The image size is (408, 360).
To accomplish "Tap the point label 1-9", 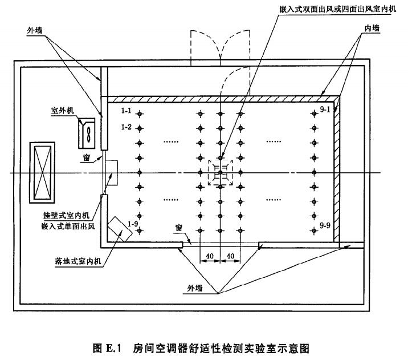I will [133, 224].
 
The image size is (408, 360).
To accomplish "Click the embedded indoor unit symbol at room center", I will [221, 172].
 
